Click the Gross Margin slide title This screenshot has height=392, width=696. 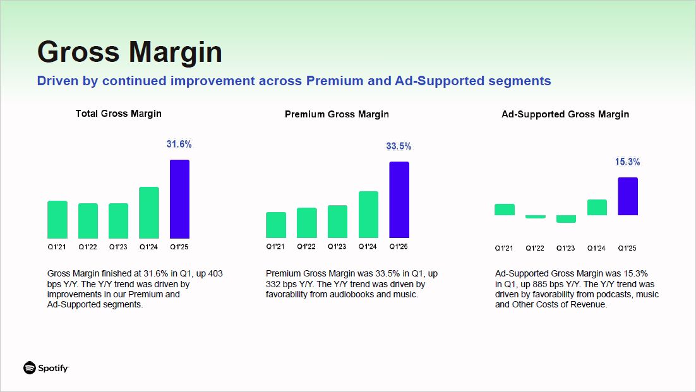pos(129,52)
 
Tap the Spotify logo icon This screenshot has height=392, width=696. pos(29,368)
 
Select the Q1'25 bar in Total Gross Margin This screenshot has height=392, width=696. pos(179,199)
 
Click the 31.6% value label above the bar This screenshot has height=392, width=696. pos(179,145)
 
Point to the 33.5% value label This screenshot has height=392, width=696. pos(399,146)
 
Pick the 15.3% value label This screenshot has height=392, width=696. pos(627,162)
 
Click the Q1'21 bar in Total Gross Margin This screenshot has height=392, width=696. pos(57,220)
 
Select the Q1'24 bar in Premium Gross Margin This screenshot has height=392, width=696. pos(368,215)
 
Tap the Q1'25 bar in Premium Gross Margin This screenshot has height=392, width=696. pos(399,199)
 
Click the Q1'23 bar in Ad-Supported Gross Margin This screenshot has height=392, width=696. pos(566,219)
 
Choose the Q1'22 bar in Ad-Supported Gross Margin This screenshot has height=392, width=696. pos(535,217)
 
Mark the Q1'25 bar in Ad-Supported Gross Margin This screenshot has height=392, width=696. pos(628,196)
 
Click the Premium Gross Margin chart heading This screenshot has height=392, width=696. pos(337,114)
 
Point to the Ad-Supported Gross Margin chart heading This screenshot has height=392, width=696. pos(565,114)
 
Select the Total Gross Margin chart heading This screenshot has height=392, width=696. pos(118,114)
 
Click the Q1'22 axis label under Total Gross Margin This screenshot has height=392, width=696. pos(88,247)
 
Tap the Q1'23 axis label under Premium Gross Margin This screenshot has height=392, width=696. pos(337,247)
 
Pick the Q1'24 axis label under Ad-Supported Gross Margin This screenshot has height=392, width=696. pos(596,248)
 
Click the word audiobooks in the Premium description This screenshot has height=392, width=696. pos(350,294)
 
